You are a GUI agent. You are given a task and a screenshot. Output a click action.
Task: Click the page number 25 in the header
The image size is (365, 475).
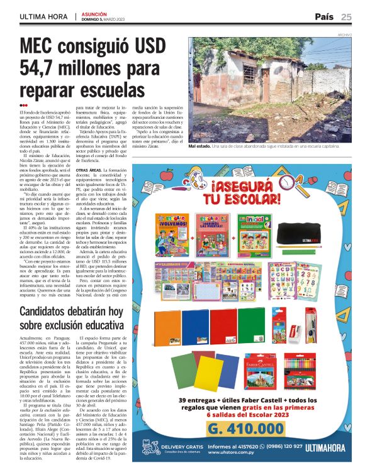[347, 16]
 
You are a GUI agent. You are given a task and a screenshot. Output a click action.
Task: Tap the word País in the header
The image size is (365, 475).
[324, 16]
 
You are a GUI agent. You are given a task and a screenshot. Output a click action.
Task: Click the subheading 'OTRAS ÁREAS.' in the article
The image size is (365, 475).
[89, 170]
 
